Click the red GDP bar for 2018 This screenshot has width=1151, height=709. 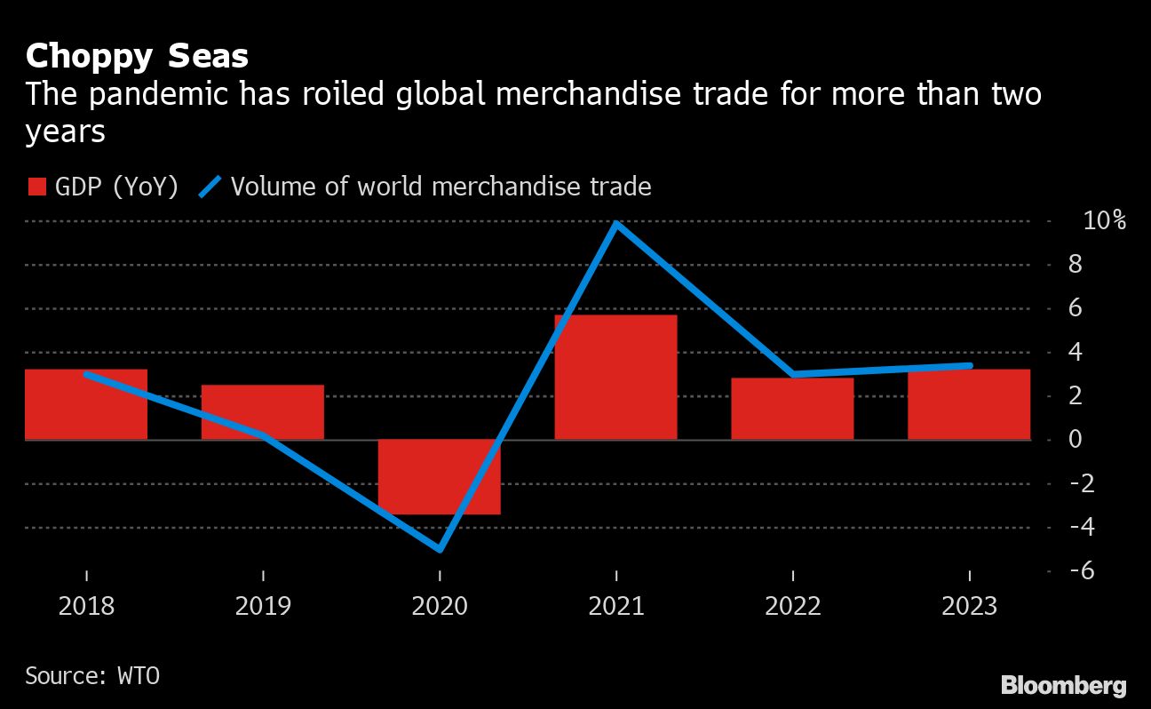(86, 404)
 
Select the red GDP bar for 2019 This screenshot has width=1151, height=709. (263, 412)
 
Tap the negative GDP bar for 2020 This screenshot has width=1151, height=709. (439, 476)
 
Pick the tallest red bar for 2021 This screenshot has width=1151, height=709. (615, 377)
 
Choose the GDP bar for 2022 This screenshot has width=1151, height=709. (792, 409)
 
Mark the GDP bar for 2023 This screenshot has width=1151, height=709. (969, 404)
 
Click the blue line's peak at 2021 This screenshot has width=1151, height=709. (616, 223)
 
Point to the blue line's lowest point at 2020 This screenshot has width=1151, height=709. (440, 549)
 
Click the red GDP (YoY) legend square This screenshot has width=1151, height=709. (36, 187)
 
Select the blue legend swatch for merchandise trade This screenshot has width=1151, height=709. (210, 187)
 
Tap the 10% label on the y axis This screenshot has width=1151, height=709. (1104, 220)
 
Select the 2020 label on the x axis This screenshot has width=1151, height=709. (440, 606)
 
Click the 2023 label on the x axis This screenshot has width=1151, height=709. (969, 606)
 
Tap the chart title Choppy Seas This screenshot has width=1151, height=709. (137, 57)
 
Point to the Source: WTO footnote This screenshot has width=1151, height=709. (92, 674)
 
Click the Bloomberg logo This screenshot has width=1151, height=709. (1063, 685)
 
